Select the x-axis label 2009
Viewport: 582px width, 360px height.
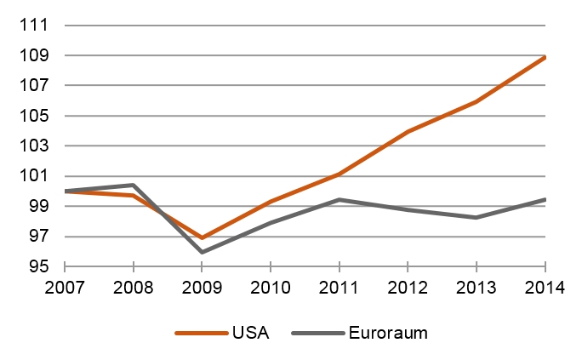pos(202,287)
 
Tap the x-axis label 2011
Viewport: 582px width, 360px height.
pos(339,287)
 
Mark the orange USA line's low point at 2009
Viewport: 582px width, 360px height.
pos(202,237)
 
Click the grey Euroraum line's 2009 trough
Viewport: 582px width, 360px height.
pos(202,252)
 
